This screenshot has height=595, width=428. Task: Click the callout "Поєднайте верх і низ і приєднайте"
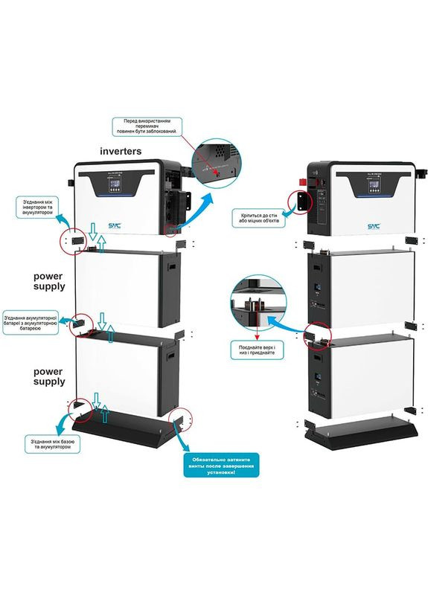point(255,350)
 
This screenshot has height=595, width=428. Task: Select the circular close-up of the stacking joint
point(257,301)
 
